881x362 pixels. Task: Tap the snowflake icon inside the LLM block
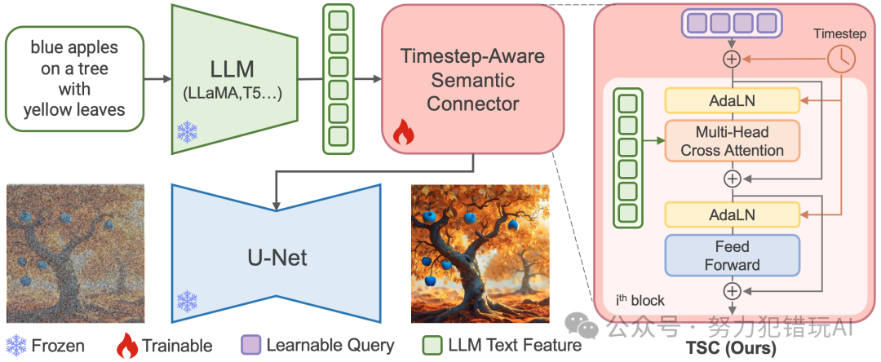click(x=188, y=132)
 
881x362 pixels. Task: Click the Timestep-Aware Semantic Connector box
click(x=472, y=79)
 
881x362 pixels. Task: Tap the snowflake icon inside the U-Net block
click(x=188, y=302)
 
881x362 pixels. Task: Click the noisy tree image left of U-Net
click(x=75, y=253)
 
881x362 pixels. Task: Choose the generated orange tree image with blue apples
click(x=468, y=253)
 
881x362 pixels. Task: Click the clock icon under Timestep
click(x=841, y=58)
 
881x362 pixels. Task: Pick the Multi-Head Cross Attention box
click(x=732, y=141)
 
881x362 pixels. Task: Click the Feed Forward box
click(x=732, y=255)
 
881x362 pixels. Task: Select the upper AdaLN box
click(x=732, y=100)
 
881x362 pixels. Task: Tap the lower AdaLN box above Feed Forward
click(x=732, y=215)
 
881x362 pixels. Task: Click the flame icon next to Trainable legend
click(x=127, y=346)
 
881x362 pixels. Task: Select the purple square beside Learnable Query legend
click(x=251, y=346)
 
